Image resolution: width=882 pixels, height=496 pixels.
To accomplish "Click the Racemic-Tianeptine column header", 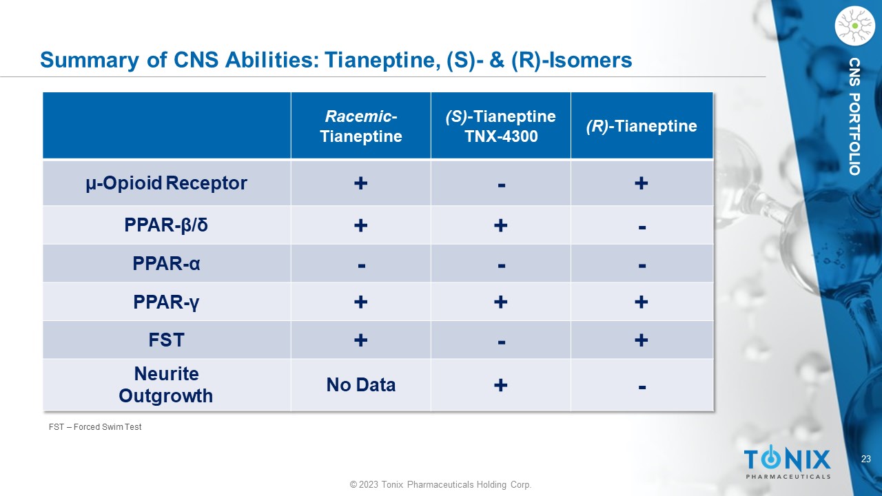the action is pyautogui.click(x=360, y=126).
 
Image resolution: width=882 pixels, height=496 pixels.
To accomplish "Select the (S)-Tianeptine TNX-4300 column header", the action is pyautogui.click(x=500, y=126).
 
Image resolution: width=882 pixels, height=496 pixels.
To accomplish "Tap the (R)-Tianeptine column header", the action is pyautogui.click(x=642, y=126).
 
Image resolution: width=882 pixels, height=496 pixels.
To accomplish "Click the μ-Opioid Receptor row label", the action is pyautogui.click(x=166, y=183).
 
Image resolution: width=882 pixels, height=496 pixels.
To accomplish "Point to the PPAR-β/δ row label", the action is pyautogui.click(x=166, y=225).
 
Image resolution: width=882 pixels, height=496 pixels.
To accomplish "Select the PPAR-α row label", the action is pyautogui.click(x=166, y=263).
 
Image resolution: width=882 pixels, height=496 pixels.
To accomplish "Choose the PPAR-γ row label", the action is pyautogui.click(x=166, y=302).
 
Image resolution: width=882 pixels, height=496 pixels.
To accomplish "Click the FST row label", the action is pyautogui.click(x=166, y=340).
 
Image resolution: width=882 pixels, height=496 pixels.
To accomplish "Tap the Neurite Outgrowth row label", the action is pyautogui.click(x=166, y=384).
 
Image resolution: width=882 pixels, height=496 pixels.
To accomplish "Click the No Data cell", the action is pyautogui.click(x=360, y=384).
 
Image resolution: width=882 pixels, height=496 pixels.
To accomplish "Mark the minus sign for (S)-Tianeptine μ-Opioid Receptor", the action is pyautogui.click(x=501, y=185).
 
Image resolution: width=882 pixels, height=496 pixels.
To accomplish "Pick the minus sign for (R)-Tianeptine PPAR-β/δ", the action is pyautogui.click(x=642, y=227).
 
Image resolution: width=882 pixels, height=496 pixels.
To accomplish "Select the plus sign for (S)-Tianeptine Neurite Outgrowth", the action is pyautogui.click(x=500, y=384).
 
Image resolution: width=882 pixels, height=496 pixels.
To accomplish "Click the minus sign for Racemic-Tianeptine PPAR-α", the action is pyautogui.click(x=362, y=266).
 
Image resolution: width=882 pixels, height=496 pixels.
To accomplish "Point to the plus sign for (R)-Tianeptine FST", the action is pyautogui.click(x=641, y=340).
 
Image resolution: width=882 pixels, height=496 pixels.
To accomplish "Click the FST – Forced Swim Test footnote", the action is pyautogui.click(x=95, y=427).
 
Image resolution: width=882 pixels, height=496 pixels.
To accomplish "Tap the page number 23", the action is pyautogui.click(x=866, y=459).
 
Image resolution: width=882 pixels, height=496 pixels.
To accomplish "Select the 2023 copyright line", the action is pyautogui.click(x=440, y=484).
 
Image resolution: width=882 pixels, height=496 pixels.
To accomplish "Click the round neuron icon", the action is pyautogui.click(x=855, y=25).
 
